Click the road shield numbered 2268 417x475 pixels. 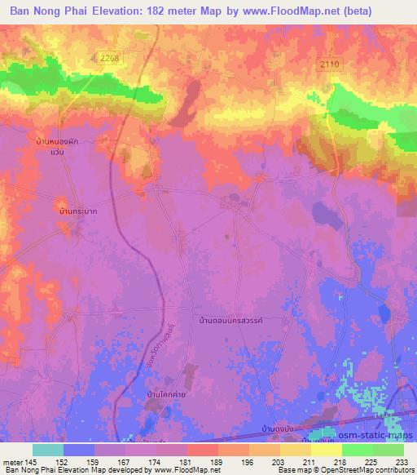click(111, 58)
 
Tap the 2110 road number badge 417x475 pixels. click(328, 64)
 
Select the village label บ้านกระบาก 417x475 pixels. click(79, 211)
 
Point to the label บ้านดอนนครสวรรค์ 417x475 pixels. click(235, 321)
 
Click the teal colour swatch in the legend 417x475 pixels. click(47, 450)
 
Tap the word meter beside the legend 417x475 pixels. click(11, 461)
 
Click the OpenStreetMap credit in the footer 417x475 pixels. click(338, 470)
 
